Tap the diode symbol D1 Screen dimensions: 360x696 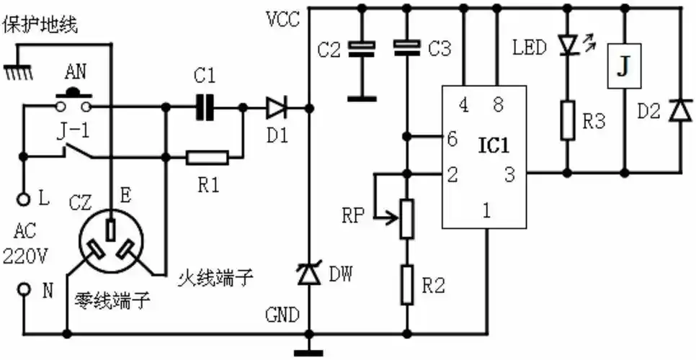pos(276,108)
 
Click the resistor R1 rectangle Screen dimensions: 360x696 pos(208,157)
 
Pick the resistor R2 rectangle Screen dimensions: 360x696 pos(408,284)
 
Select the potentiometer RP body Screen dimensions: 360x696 pos(408,219)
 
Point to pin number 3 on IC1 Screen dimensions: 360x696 pos(509,174)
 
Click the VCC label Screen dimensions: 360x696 pos(282,19)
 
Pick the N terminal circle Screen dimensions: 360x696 pos(24,289)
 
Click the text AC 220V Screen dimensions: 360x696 pos(24,245)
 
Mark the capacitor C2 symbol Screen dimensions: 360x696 pos(362,49)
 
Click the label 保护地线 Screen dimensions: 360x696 pos(40,25)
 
